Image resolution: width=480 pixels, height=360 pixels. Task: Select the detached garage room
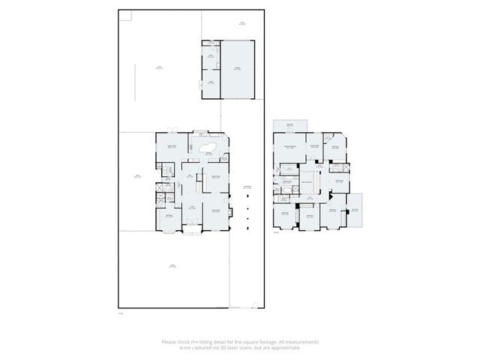pyautogui.click(x=239, y=69)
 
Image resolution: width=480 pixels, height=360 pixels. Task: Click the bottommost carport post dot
pyautogui.click(x=247, y=220)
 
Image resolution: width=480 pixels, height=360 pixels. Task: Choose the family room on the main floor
pyautogui.click(x=171, y=147)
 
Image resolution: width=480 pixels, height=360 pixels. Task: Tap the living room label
pyautogui.click(x=214, y=211)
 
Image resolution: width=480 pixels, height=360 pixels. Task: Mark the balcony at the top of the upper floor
pyautogui.click(x=289, y=124)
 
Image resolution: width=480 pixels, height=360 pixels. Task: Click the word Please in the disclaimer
pyautogui.click(x=169, y=342)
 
